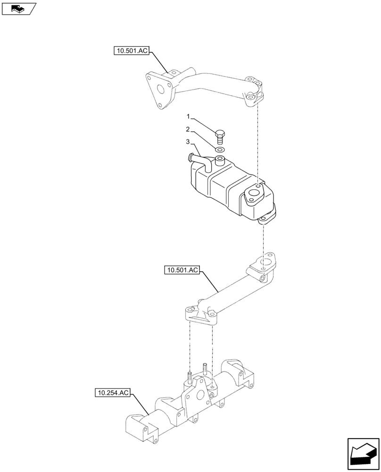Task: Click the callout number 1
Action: tap(188, 116)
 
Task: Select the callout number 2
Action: tap(188, 129)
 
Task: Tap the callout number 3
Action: tap(188, 142)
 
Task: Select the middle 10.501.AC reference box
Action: tap(183, 270)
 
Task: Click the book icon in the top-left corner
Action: tap(18, 8)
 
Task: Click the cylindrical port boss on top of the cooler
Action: tap(220, 162)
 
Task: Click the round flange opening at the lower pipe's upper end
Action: tap(268, 262)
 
